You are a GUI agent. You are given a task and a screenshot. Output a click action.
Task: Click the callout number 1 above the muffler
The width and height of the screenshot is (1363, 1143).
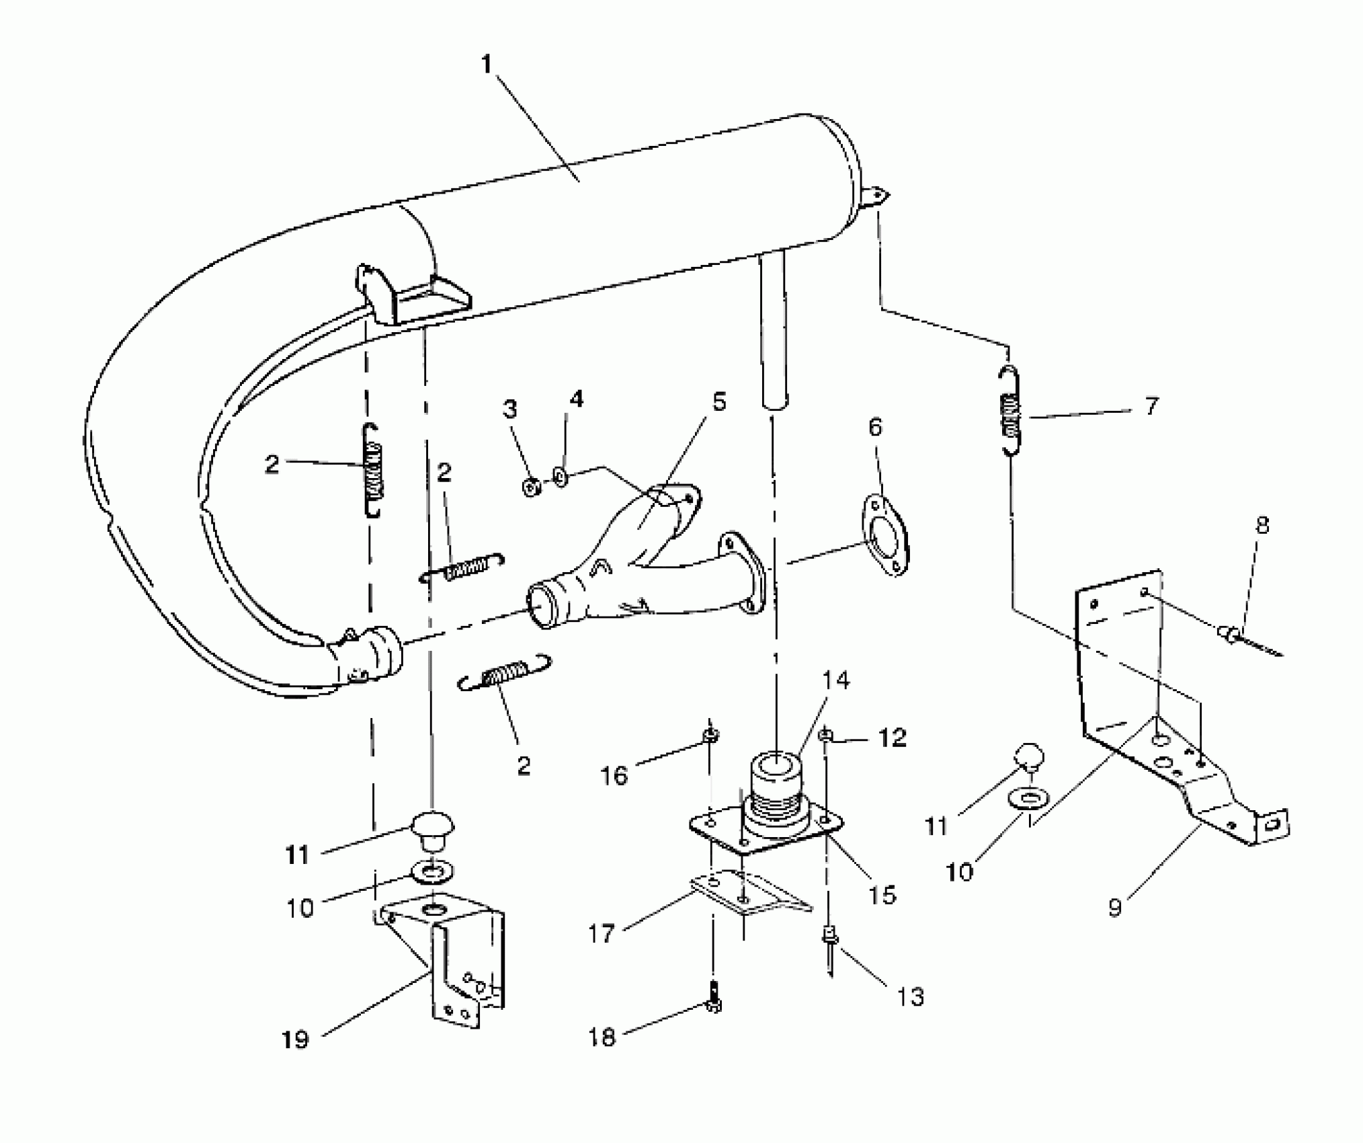487,65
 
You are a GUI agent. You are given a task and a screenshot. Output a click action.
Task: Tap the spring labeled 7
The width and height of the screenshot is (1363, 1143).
1008,411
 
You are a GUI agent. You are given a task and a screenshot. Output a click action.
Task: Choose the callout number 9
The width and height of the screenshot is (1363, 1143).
1115,908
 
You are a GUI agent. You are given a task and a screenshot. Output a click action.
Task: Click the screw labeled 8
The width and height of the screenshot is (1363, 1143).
1237,635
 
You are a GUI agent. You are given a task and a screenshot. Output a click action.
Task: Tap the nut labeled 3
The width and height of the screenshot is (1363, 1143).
531,487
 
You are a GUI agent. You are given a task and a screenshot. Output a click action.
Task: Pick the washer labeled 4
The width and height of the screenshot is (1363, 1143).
561,478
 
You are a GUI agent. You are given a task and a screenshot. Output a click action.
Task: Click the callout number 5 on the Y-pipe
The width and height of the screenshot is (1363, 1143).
719,402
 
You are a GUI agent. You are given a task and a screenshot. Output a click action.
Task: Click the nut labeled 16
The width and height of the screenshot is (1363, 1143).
711,736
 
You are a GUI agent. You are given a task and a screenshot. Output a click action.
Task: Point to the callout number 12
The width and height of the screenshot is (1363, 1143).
892,738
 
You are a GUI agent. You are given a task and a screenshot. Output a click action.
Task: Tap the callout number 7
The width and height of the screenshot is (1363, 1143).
1151,406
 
